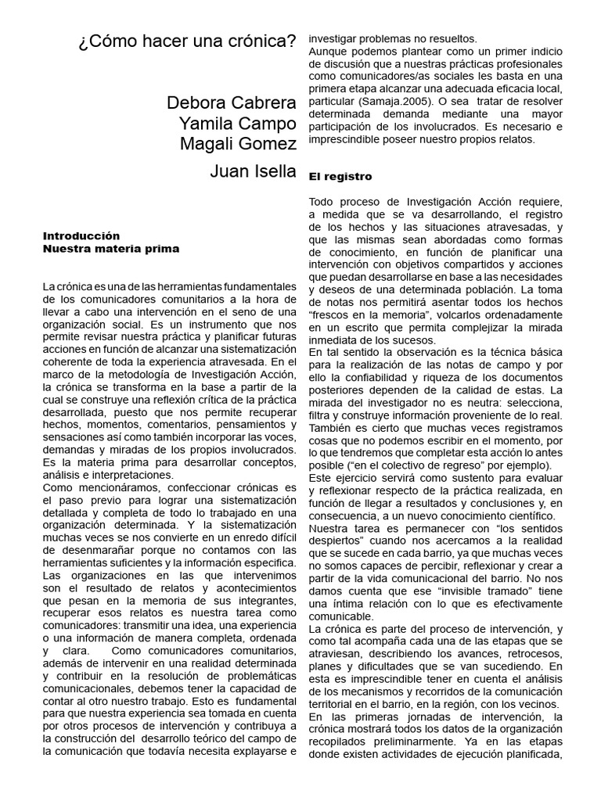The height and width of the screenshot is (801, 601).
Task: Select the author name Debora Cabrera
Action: point(232,103)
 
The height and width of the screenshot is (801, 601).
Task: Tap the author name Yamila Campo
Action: point(237,124)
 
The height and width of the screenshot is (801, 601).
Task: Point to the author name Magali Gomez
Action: point(238,144)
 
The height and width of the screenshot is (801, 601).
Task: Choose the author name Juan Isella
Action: point(253,171)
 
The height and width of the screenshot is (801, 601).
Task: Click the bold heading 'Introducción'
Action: point(81,235)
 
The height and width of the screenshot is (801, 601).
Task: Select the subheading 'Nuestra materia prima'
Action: point(111,249)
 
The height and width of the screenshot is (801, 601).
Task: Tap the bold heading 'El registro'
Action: point(340,177)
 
